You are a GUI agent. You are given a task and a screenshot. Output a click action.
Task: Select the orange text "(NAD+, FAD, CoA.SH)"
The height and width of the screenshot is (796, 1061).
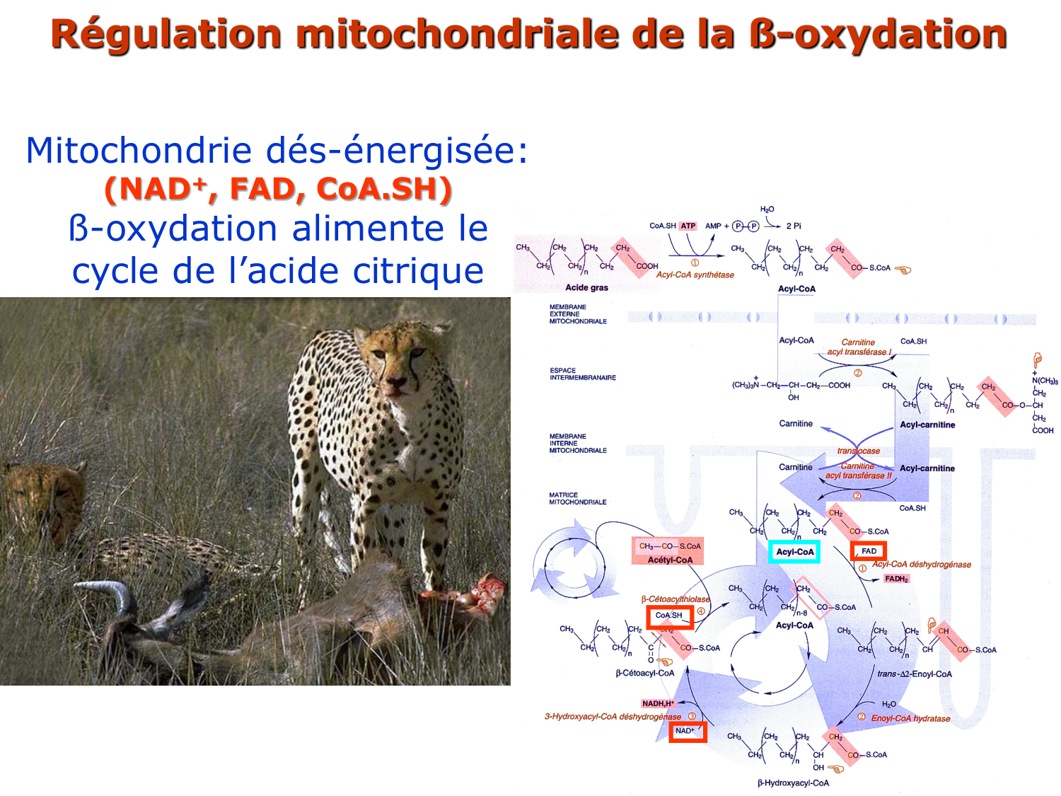point(278,189)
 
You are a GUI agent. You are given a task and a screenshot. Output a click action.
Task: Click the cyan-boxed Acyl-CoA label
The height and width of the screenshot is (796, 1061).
point(794,552)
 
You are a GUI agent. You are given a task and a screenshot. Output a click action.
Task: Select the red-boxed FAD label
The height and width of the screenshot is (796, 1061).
point(869,551)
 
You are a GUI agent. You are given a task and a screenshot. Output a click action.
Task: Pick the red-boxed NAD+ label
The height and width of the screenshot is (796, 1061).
point(687,731)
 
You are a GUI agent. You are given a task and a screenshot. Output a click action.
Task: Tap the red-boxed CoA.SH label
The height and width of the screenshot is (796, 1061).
point(669,616)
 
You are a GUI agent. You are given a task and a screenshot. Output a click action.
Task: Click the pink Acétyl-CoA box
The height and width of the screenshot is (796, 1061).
point(669,552)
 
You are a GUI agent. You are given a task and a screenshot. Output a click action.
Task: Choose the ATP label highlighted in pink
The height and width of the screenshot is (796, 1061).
point(688,226)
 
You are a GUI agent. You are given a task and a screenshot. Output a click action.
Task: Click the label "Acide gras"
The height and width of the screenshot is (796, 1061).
point(586,287)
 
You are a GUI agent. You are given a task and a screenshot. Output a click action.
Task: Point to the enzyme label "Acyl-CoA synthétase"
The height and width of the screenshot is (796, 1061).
point(695,275)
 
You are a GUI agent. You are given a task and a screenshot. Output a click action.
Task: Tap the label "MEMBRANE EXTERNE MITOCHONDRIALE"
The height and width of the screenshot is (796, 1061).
point(578,314)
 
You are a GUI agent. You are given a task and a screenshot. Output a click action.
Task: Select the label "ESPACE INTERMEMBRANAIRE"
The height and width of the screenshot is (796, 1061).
point(582,374)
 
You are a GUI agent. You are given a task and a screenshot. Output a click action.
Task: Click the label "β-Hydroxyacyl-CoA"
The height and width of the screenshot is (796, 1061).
point(793,783)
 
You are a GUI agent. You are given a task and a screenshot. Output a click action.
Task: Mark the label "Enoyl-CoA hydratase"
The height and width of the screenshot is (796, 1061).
point(910,718)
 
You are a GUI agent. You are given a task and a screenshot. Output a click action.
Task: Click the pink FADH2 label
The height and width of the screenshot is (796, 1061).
point(896,579)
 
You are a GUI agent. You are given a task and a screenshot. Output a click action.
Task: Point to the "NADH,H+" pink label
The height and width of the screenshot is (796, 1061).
point(658,703)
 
